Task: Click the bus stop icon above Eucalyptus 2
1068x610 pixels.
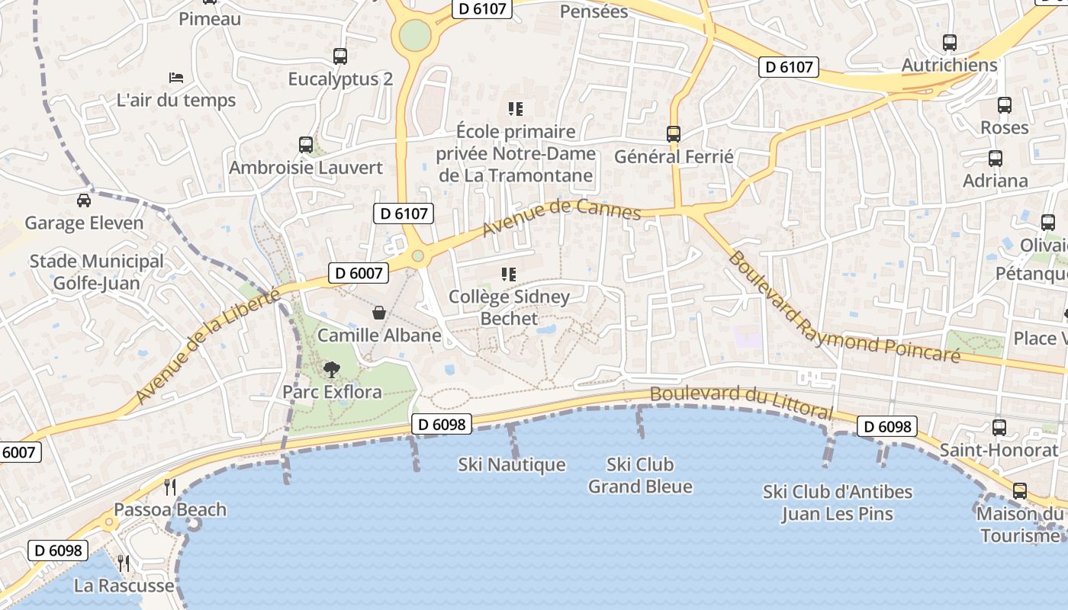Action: [x=340, y=56]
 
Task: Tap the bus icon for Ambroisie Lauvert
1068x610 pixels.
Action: [x=306, y=144]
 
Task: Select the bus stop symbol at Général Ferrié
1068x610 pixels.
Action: [x=674, y=134]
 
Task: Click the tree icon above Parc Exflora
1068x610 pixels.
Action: [x=331, y=370]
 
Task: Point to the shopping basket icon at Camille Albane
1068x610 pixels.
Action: [x=379, y=313]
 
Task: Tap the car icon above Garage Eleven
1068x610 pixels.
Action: [x=84, y=201]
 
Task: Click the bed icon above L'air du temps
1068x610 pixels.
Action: [x=176, y=78]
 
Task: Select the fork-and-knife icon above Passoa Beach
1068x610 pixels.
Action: [x=170, y=486]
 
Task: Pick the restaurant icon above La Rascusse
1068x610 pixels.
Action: [x=124, y=563]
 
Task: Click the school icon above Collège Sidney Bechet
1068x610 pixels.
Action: [x=509, y=274]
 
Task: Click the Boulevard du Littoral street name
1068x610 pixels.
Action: [x=741, y=401]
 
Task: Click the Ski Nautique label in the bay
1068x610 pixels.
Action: [x=512, y=464]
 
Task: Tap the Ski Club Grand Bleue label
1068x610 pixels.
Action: [x=640, y=475]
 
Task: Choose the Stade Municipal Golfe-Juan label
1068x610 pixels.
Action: [x=96, y=272]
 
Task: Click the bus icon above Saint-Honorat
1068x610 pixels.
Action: [x=999, y=427]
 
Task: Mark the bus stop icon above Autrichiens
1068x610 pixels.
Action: [x=950, y=43]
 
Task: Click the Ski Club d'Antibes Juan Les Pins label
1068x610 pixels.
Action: [x=838, y=502]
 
